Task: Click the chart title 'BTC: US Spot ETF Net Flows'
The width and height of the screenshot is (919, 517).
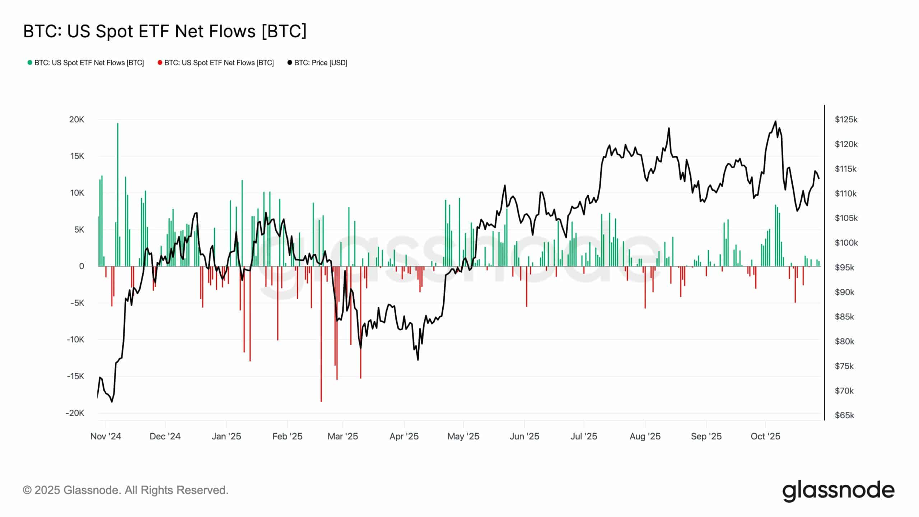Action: [165, 31]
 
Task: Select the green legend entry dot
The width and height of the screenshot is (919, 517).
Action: [30, 63]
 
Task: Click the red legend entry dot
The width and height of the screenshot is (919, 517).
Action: [160, 63]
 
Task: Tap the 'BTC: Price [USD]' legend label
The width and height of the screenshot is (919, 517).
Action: [321, 63]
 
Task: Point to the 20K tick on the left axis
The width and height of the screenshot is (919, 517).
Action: [76, 120]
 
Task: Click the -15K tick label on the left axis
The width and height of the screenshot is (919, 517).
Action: [75, 376]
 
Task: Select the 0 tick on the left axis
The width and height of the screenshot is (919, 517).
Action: [81, 266]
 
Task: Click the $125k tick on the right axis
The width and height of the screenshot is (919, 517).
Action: [846, 120]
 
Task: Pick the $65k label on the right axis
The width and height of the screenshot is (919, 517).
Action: [844, 415]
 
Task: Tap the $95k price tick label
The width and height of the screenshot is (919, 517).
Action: [844, 267]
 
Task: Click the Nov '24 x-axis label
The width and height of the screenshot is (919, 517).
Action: [106, 436]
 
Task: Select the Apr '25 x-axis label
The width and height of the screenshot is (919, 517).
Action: [404, 436]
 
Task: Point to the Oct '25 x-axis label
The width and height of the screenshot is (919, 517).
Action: [765, 436]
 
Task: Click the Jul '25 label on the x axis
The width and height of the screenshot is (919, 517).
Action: [584, 436]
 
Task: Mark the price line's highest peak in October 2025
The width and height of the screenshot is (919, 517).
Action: [776, 121]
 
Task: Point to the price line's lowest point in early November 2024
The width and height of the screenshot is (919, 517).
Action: [112, 402]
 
